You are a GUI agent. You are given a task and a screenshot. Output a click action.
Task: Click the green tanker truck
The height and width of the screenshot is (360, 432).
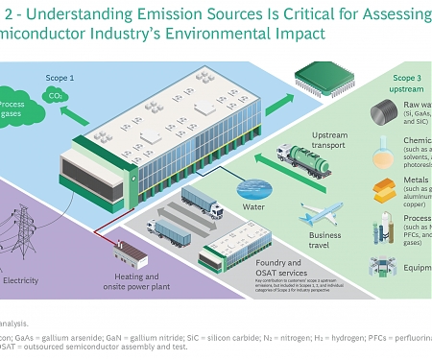click(302, 156)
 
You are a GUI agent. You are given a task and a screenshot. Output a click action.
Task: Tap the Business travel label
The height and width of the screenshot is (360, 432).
click(325, 239)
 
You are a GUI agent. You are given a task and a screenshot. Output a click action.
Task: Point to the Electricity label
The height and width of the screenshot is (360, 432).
click(20, 280)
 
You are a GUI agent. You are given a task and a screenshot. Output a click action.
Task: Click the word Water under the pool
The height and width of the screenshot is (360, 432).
click(254, 205)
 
